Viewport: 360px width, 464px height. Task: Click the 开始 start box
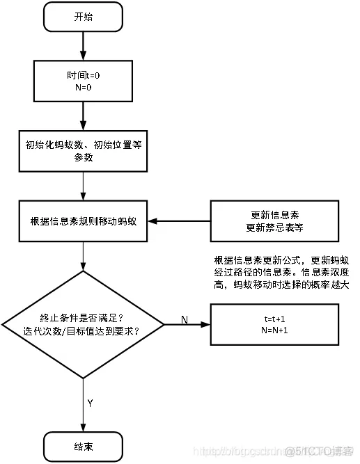pos(82,17)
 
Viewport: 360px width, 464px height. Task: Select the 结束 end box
pos(82,445)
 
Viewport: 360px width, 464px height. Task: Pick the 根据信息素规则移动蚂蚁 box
pos(82,221)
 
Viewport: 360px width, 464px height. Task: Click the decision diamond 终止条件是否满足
pos(82,324)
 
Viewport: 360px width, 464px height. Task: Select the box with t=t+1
pos(276,324)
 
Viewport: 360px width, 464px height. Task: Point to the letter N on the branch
pos(185,319)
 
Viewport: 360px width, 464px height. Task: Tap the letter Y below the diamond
pos(91,403)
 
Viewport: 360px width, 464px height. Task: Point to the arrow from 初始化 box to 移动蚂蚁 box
pos(82,186)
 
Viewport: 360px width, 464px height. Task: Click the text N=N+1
pos(276,330)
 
